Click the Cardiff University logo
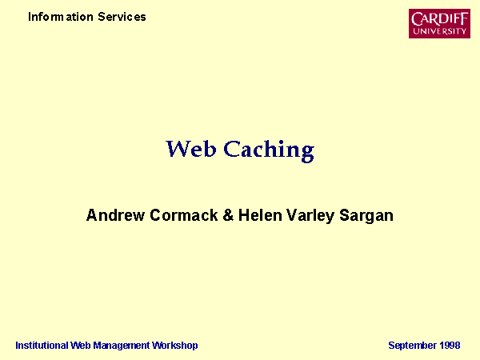pos(439,23)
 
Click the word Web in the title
pos(191,149)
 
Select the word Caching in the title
pos(269,150)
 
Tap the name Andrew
pos(115,215)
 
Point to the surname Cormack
pos(184,215)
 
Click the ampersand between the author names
pos(228,215)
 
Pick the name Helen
pos(260,215)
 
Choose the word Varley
pos(310,216)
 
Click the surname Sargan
pos(366,216)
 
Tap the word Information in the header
pos(61,17)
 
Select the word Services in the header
pos(122,17)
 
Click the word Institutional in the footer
pos(42,346)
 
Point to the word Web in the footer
pos(80,346)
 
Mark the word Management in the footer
pos(122,346)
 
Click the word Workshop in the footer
pos(175,346)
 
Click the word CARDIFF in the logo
pos(439,19)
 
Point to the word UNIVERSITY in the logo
pos(439,31)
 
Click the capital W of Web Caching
pos(178,149)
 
